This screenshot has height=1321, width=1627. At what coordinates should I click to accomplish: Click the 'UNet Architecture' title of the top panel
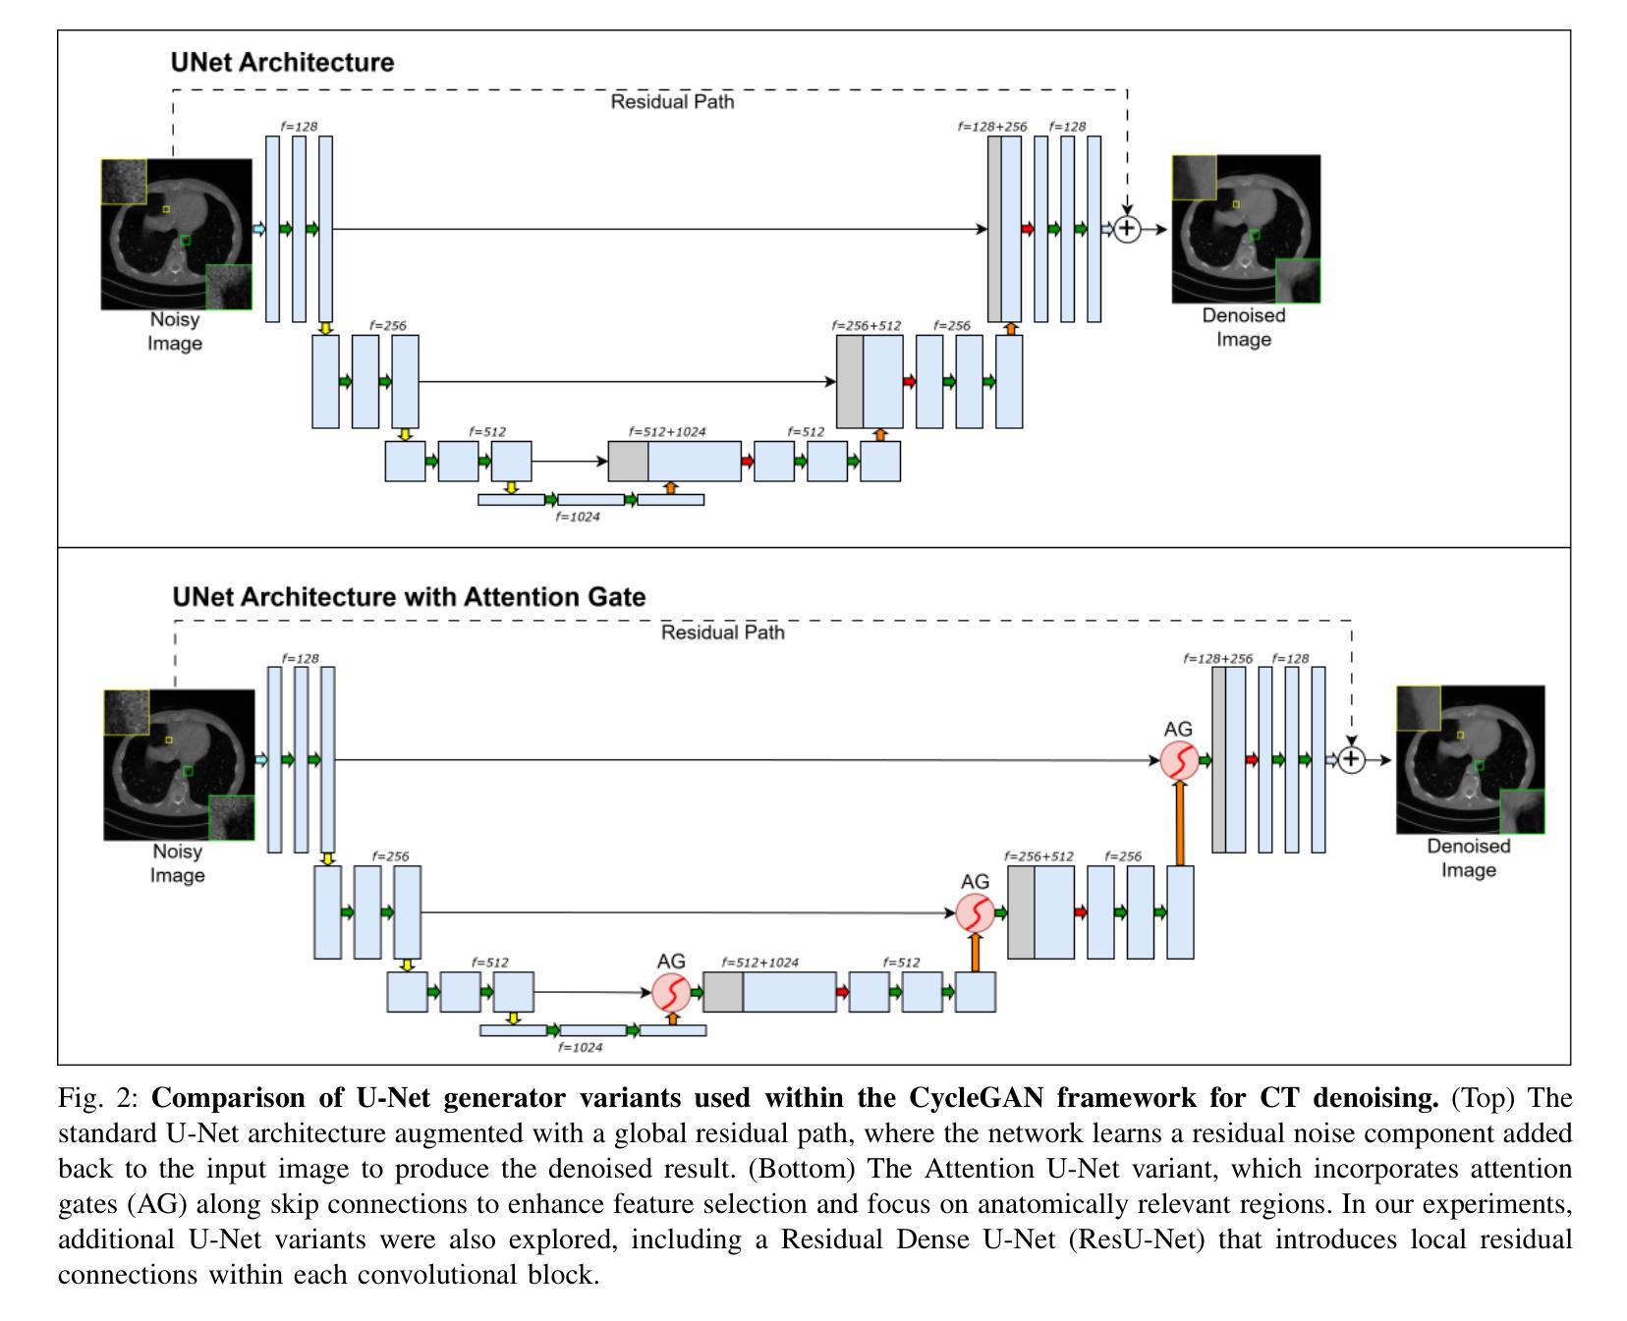pos(282,62)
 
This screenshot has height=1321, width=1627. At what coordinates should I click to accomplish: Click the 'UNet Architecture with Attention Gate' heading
pos(409,597)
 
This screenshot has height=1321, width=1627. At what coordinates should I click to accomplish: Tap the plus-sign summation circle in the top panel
pos(1127,229)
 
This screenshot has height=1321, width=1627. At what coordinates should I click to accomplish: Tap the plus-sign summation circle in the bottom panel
pos(1352,759)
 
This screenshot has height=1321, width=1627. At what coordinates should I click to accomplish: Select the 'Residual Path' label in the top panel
pos(672,101)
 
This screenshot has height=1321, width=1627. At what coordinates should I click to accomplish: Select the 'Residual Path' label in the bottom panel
pos(722,633)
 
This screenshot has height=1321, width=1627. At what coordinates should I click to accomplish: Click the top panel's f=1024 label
pos(578,517)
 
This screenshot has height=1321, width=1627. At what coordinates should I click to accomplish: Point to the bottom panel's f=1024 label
pos(580,1047)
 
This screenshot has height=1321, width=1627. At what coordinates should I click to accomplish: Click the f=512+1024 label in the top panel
pos(667,431)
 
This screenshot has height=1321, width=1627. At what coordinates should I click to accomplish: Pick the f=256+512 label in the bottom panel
pos(1038,856)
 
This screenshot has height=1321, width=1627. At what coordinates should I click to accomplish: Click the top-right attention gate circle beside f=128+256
pos(1178,760)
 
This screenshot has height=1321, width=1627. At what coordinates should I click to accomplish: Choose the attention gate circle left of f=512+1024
pos(671,992)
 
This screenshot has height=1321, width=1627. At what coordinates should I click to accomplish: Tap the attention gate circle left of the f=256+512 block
pos(975,913)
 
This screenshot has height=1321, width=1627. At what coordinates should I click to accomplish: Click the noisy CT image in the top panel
pos(177,234)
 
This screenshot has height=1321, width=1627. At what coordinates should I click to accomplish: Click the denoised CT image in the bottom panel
pos(1470,759)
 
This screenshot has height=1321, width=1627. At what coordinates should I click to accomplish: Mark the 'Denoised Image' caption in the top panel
pos(1244,327)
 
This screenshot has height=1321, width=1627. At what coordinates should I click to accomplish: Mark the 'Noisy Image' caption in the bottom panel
pos(177,863)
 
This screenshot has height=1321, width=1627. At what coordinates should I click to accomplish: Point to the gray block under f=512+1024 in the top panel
pos(628,462)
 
